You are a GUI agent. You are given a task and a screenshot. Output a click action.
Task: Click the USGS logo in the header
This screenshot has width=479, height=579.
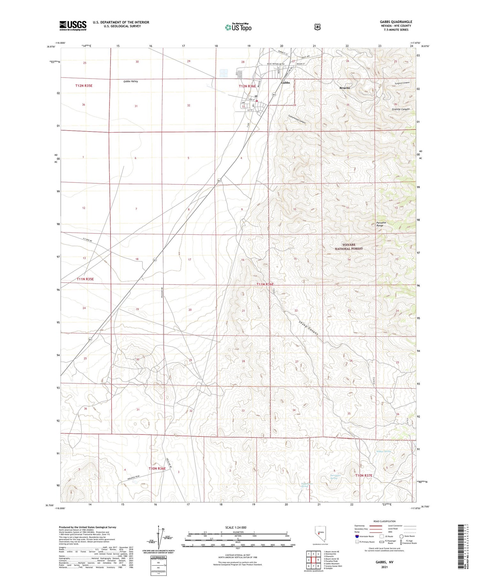click(73, 26)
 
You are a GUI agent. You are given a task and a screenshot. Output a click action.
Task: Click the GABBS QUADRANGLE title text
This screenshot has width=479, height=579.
click(394, 22)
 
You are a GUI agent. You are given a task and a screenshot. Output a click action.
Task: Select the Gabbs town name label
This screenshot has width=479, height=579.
click(285, 82)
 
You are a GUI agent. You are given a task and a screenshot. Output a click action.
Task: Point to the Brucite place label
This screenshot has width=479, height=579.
click(345, 88)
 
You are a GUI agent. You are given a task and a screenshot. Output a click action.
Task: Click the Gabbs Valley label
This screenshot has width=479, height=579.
click(131, 81)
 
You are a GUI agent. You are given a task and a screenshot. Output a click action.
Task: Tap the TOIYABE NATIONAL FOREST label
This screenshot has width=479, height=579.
click(349, 247)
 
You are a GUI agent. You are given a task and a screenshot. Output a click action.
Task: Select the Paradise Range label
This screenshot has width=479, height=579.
click(381, 224)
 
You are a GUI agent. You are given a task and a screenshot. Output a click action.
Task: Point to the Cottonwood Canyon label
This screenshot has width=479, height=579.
click(297, 120)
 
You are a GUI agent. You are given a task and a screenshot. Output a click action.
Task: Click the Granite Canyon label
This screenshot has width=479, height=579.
click(400, 109)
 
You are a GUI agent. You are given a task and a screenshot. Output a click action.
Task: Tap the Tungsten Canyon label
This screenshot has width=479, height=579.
click(402, 83)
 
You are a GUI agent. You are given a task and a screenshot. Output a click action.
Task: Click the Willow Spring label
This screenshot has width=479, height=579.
click(383, 451)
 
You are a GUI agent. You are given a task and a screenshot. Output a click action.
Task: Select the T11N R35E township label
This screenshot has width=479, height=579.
click(85, 279)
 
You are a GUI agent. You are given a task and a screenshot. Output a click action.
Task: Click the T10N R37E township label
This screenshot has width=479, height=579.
click(364, 476)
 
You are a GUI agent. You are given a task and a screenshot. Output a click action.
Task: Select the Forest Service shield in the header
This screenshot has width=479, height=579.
click(316, 27)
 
